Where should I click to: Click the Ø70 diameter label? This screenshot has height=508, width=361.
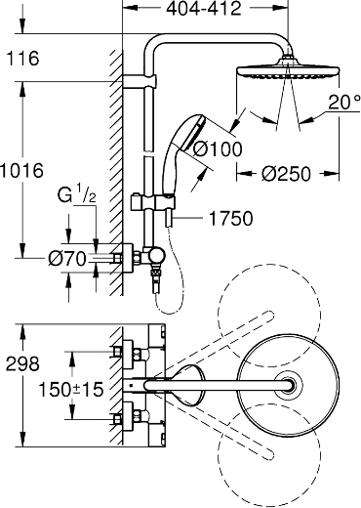71,261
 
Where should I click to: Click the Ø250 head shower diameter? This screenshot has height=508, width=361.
285,176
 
